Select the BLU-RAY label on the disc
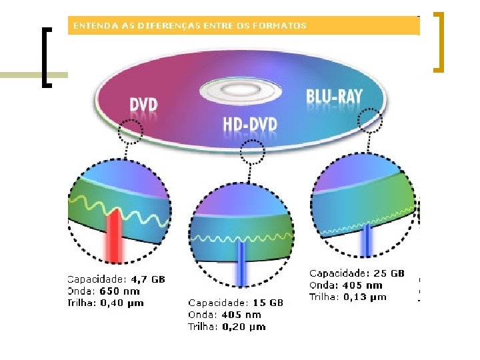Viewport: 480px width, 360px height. coord(335,97)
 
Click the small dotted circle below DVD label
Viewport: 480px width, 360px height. coord(131,131)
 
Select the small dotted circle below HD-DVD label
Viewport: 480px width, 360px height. coord(252,153)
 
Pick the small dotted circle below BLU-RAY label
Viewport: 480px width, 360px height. coord(370,120)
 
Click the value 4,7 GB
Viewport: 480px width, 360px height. coord(147,280)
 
